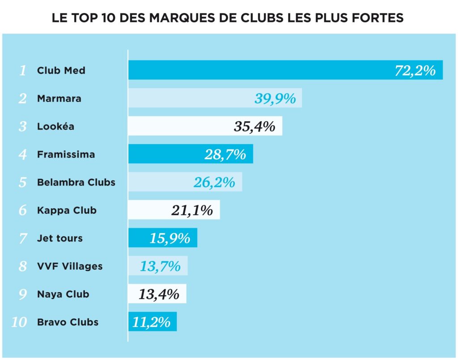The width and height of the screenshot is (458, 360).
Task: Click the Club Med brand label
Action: pos(61,71)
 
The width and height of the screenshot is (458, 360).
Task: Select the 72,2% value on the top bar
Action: pos(415,71)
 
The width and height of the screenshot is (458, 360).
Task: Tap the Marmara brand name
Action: pos(59,98)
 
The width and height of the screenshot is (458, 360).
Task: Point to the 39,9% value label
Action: pos(275,98)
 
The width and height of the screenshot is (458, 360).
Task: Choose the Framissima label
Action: pos(66,155)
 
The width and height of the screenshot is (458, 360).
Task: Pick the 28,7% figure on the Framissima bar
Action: pos(225,155)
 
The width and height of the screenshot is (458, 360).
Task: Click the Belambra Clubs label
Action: pos(76,182)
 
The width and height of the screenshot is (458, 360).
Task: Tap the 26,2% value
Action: pos(214,182)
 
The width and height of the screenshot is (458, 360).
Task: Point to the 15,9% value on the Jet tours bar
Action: pos(170,238)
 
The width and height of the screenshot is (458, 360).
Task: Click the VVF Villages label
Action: pos(70,267)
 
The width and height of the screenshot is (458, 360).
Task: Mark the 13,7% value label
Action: pos(160,267)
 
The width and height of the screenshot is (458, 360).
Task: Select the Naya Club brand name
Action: pos(63,294)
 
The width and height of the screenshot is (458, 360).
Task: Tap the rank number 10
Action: pos(19,322)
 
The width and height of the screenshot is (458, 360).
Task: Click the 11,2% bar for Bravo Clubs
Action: pos(152,322)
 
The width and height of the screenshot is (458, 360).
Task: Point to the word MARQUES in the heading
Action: pos(180,18)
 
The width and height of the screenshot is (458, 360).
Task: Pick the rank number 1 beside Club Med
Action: pos(23,71)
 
